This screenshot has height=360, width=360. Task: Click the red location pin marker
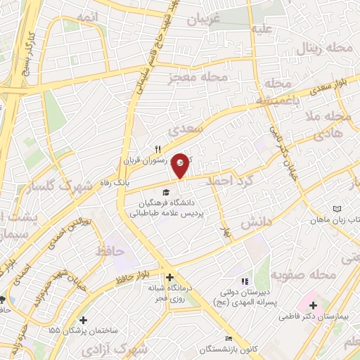click(x=181, y=165)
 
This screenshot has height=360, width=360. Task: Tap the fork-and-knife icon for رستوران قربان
click(x=158, y=149)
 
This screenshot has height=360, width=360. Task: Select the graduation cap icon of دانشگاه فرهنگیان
click(x=166, y=192)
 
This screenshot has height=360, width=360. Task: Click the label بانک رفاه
click(x=114, y=182)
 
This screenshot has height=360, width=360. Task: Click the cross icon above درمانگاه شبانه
click(x=169, y=277)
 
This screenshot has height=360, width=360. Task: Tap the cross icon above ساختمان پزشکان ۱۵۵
click(x=83, y=320)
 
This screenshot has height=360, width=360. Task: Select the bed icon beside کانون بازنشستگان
click(x=227, y=338)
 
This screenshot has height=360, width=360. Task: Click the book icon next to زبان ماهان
click(x=336, y=209)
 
